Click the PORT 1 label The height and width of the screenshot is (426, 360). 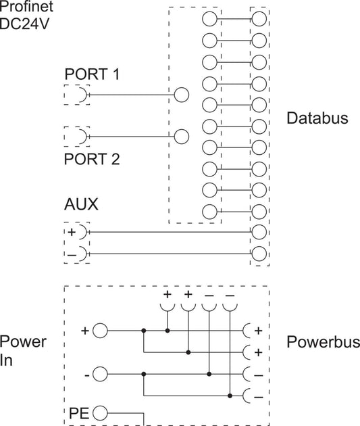[x=92, y=74]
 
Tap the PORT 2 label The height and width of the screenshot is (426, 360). [x=92, y=159]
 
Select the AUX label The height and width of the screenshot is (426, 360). [x=81, y=204]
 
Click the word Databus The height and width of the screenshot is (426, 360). [x=317, y=118]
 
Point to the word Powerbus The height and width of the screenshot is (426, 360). [x=324, y=341]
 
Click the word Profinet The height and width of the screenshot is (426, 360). [x=26, y=6]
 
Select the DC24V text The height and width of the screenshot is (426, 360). [x=24, y=24]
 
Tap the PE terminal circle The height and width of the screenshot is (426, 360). [x=100, y=413]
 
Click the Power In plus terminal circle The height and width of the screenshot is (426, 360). [x=100, y=331]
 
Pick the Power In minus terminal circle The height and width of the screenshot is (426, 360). [x=100, y=374]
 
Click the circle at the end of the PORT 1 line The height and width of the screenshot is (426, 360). [x=181, y=95]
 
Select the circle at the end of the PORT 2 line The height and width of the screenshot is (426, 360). [x=181, y=137]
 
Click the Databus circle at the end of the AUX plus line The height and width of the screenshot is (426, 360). [x=259, y=232]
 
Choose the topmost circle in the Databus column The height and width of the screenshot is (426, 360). [x=259, y=19]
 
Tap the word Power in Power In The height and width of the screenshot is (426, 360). [x=23, y=341]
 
